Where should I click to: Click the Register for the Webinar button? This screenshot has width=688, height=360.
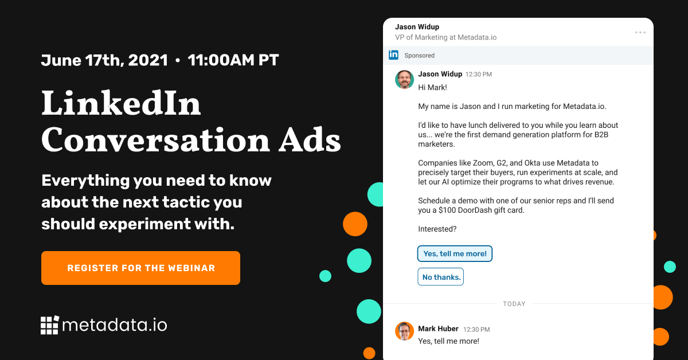click(140, 268)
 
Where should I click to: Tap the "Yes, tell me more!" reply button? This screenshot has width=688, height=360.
click(455, 253)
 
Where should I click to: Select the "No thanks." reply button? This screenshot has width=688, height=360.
click(441, 277)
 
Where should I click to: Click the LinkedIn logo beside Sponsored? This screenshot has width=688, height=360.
click(393, 55)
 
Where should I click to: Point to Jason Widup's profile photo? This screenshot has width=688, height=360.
click(404, 80)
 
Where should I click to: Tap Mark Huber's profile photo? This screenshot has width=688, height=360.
click(404, 331)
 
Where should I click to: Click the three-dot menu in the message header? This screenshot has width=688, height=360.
click(640, 33)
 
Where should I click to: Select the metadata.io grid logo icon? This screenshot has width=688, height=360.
click(50, 325)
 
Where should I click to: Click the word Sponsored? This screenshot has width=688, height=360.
click(420, 56)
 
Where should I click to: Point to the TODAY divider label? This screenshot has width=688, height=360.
click(514, 304)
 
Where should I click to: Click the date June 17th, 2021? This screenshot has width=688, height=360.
click(104, 60)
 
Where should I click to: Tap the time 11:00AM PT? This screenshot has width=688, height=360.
click(233, 60)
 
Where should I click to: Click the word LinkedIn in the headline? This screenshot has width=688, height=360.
click(121, 104)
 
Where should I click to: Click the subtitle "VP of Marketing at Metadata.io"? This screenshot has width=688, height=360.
click(445, 37)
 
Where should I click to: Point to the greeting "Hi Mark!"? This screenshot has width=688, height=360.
click(432, 88)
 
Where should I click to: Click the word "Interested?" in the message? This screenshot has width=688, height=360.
click(437, 229)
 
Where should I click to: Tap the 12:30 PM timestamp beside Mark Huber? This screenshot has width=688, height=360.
click(477, 330)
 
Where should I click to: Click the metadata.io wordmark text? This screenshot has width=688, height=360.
click(114, 325)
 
